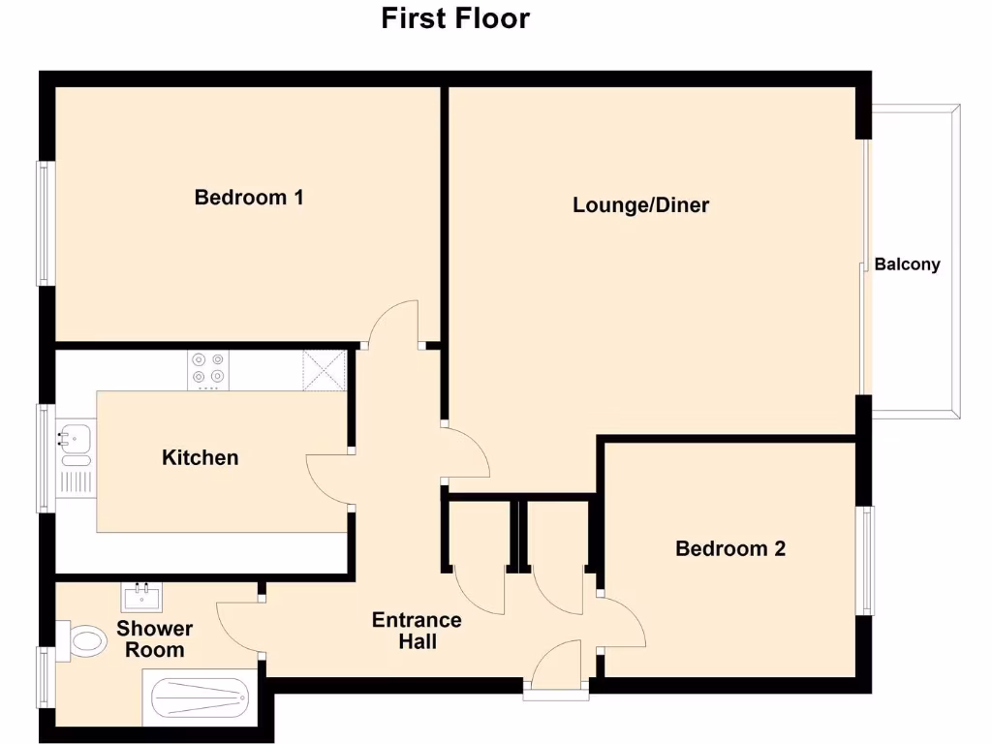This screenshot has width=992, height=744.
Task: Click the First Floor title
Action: coord(455,18)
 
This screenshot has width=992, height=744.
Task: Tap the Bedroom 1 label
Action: coord(249,198)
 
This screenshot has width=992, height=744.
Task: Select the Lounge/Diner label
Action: coord(640,205)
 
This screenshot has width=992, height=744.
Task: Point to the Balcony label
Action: coord(907,263)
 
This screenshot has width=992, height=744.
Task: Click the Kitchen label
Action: coord(200,457)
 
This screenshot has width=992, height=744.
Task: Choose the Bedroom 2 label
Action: coord(730,549)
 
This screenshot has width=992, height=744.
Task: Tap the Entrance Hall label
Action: coord(417,631)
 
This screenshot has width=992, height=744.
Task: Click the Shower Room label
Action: coord(155,639)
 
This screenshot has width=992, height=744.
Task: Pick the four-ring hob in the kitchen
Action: coord(208,369)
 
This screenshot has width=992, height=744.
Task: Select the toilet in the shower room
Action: coord(85,641)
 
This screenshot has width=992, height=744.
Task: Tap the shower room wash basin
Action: coord(141,597)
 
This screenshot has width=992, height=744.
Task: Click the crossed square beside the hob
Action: coord(325,369)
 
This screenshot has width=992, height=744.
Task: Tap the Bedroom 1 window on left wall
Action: coord(43,223)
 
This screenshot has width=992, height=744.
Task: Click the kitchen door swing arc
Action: coord(327,479)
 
